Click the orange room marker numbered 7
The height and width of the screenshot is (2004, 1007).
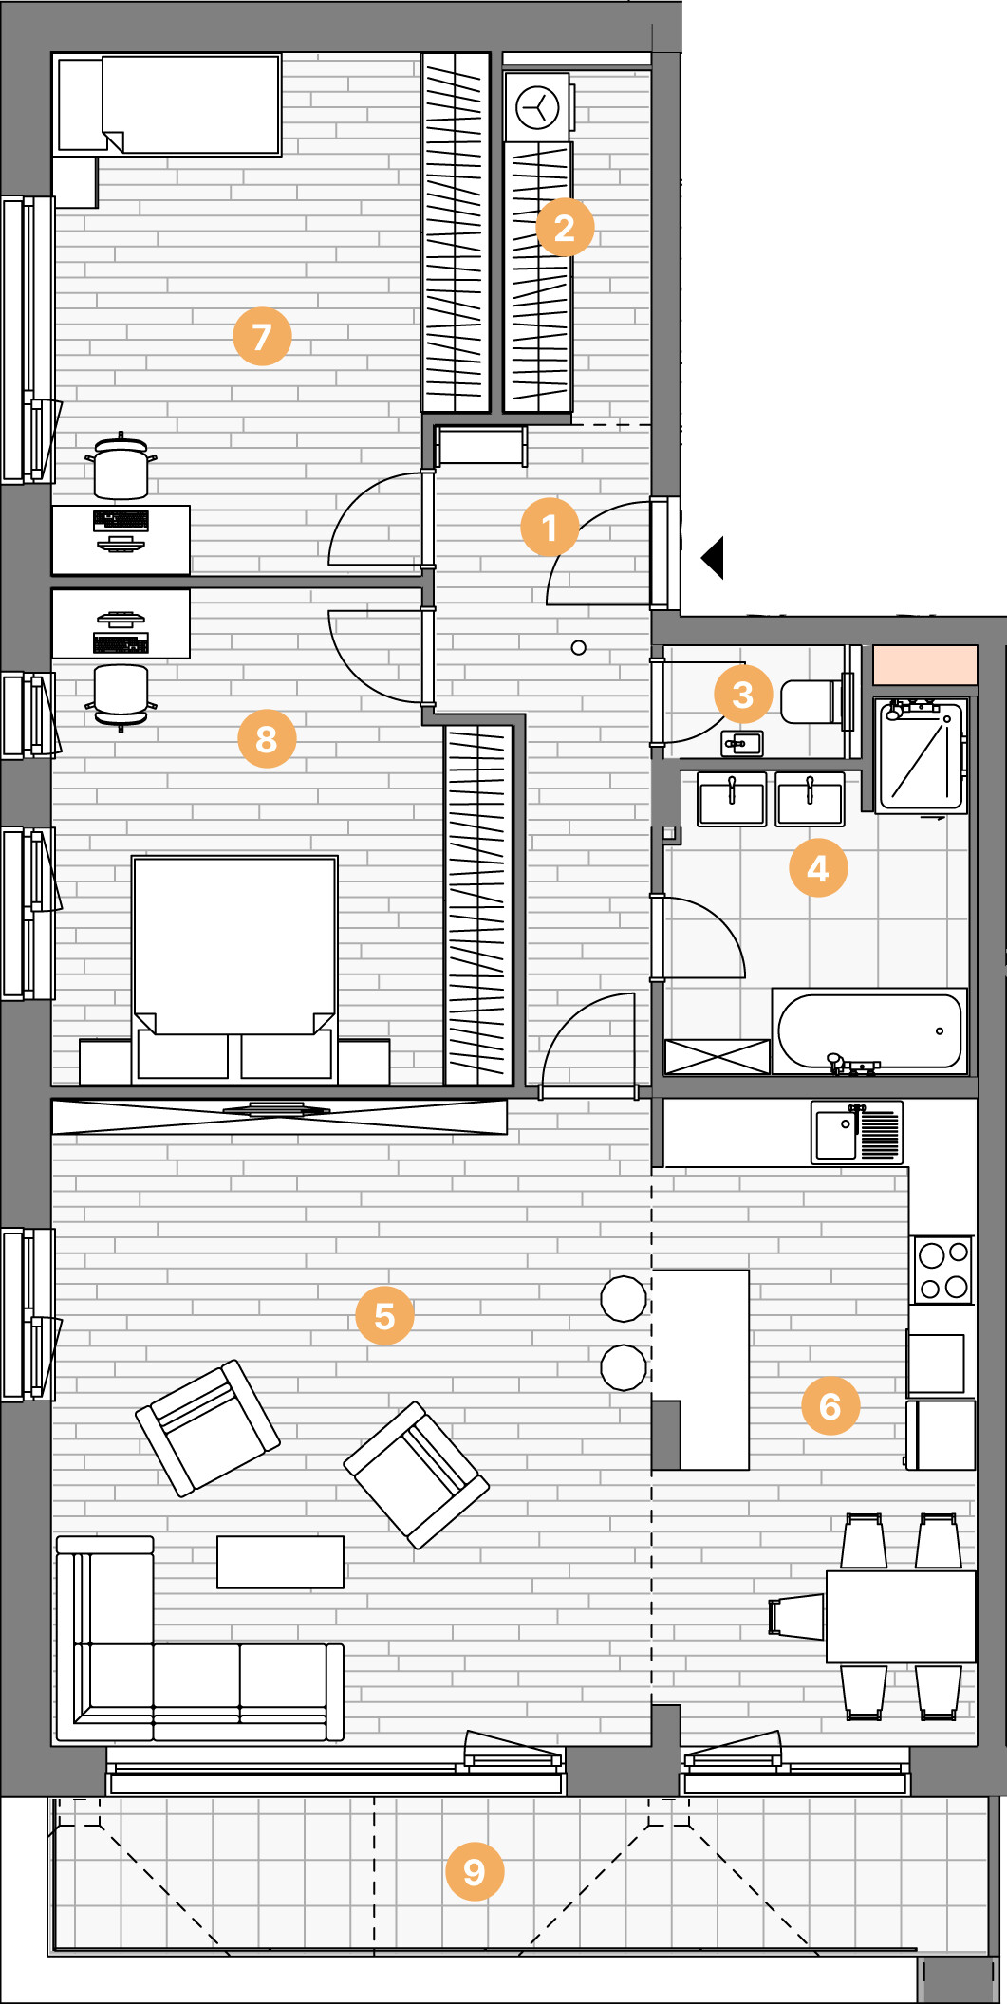262,336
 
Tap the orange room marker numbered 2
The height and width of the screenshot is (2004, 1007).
565,228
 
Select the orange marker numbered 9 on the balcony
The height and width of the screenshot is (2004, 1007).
474,1871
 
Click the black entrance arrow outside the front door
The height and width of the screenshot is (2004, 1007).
713,557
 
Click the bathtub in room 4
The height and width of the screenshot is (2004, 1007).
869,1031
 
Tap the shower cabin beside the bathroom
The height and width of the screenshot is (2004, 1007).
922,755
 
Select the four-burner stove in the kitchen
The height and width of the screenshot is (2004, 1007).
943,1270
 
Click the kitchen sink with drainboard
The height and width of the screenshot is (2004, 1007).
857,1132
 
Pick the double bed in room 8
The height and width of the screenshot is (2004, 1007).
234,970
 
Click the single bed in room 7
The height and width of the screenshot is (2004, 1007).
169,104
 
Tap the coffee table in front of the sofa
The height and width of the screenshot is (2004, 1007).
280,1562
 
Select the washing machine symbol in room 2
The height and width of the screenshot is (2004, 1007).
538,107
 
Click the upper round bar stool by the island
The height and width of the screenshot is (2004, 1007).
624,1298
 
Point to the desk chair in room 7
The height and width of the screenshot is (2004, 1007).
121,467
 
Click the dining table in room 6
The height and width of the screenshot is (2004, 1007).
901,1617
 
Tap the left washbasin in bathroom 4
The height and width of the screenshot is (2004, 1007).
732,799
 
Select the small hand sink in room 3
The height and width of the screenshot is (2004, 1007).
741,743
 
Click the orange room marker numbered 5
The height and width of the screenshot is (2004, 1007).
384,1316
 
